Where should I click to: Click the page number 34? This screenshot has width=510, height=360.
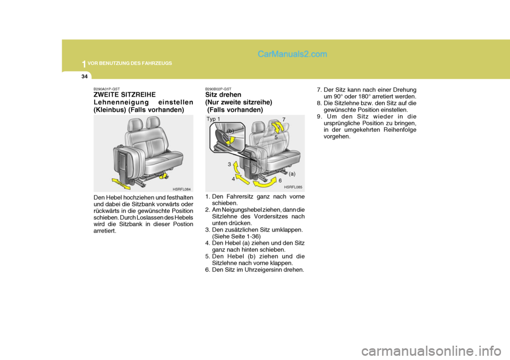[x=84, y=76]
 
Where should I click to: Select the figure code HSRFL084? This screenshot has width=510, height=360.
[x=182, y=189]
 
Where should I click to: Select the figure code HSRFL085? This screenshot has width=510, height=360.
[x=293, y=187]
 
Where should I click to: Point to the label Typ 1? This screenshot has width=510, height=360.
[x=214, y=119]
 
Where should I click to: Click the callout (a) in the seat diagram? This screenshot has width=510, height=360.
[x=292, y=174]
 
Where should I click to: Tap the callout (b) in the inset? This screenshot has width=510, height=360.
[x=230, y=131]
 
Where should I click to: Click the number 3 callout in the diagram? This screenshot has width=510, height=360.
[x=229, y=165]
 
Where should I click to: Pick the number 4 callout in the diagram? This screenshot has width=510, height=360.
[x=233, y=179]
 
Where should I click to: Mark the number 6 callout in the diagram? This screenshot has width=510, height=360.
[x=280, y=181]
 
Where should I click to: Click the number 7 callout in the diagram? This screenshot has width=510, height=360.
[x=284, y=119]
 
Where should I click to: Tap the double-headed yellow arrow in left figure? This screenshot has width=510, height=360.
[x=121, y=184]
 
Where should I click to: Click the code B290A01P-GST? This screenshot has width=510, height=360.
[x=107, y=89]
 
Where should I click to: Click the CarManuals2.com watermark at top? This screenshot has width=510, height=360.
[x=292, y=54]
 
